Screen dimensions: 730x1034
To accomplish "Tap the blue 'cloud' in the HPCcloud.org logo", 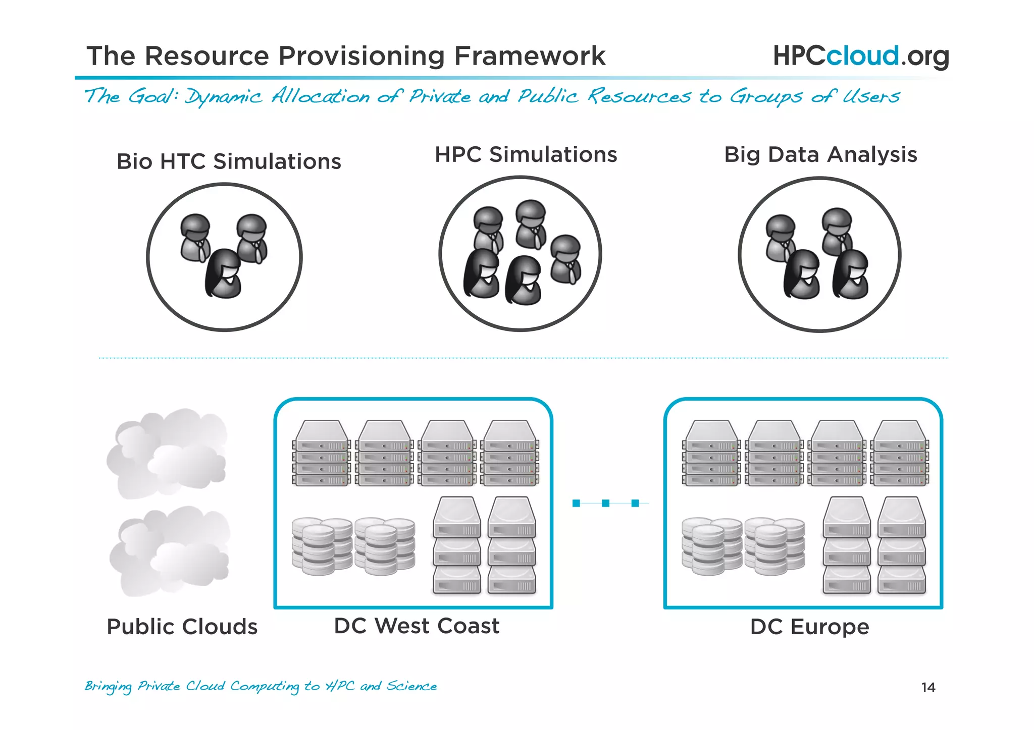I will (862, 55).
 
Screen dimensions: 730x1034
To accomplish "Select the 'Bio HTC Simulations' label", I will (229, 161).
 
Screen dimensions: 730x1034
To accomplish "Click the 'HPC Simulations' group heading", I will (526, 154).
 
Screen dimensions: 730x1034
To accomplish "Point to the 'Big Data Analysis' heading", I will (820, 154).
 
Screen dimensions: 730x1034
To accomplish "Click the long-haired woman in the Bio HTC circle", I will (223, 273).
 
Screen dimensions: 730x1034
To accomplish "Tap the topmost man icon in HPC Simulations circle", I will (531, 223).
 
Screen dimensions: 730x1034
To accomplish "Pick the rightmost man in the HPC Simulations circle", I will (565, 259).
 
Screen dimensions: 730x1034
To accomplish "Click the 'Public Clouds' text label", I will (182, 627).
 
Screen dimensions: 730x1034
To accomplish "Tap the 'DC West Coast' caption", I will (417, 626).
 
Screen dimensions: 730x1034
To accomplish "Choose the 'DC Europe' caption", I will (809, 627).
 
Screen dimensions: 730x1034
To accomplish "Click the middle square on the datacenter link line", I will (605, 503).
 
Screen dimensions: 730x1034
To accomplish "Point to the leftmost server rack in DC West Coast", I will (322, 453).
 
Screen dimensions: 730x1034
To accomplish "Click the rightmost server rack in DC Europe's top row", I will (900, 453).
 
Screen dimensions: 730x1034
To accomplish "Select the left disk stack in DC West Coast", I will (322, 546).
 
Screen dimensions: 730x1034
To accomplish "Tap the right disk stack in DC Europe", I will (774, 546).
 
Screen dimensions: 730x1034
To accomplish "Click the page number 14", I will (928, 687).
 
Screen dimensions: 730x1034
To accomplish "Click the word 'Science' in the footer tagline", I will (411, 686).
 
